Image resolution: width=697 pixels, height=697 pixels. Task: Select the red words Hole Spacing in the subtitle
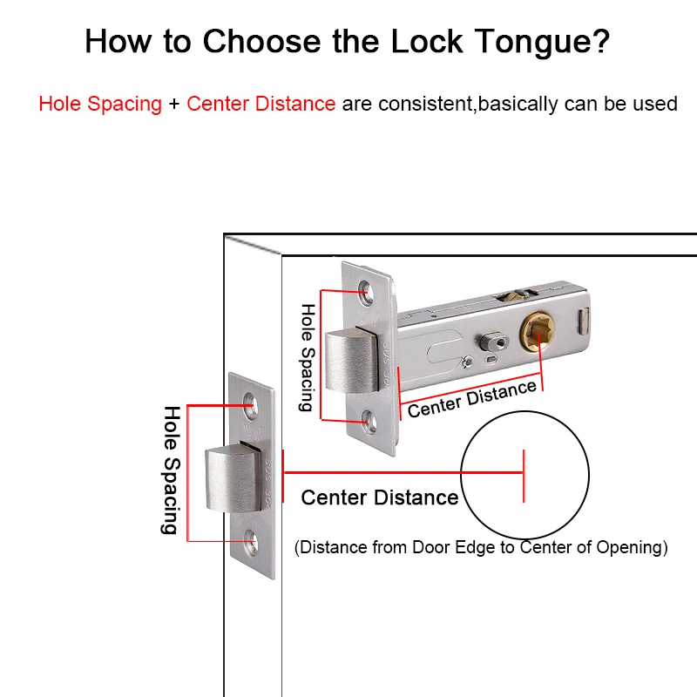(x=100, y=104)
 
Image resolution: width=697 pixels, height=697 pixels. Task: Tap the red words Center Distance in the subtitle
(x=261, y=104)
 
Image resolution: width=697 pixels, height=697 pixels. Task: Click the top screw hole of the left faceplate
(x=251, y=403)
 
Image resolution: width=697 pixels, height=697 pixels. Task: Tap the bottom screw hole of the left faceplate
(x=252, y=541)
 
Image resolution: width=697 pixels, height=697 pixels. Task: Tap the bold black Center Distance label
(x=379, y=497)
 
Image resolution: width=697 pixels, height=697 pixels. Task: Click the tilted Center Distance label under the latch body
(x=471, y=398)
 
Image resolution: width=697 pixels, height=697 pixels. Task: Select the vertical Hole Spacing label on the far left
(x=171, y=470)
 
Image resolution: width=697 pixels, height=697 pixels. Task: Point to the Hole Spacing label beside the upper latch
(x=307, y=357)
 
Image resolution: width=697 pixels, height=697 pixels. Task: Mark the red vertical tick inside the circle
(x=523, y=476)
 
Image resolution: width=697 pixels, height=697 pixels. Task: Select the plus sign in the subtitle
(x=174, y=104)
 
